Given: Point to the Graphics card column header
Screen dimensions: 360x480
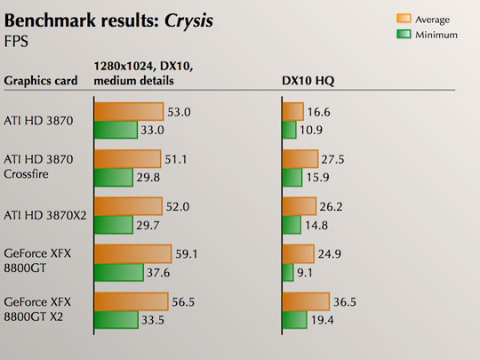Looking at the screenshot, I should click(x=41, y=81).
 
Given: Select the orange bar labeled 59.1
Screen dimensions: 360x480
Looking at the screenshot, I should click(x=132, y=253).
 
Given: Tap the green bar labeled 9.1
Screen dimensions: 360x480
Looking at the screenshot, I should click(x=288, y=271).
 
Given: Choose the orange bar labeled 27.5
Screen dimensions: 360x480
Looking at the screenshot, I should click(x=300, y=158).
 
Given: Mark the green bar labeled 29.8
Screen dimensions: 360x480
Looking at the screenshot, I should click(x=115, y=177).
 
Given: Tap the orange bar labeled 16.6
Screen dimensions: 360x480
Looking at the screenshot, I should click(x=292, y=111).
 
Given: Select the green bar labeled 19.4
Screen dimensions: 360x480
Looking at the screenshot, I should click(x=294, y=319).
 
